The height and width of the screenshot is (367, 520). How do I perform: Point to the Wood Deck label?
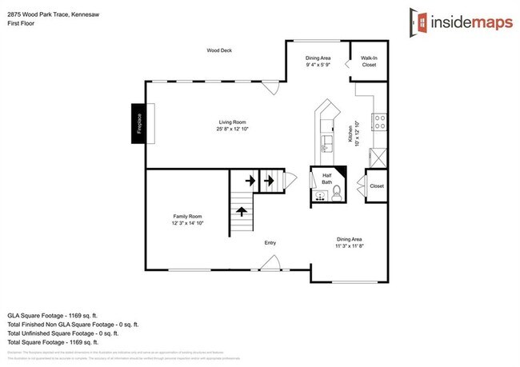pyautogui.click(x=218, y=50)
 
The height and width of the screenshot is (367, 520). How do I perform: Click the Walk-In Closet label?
pyautogui.click(x=369, y=61)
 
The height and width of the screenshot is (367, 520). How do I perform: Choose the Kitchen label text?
pyautogui.click(x=350, y=133)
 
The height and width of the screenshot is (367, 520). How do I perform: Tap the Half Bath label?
pyautogui.click(x=326, y=179)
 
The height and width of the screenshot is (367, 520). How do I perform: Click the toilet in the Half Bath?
pyautogui.click(x=338, y=192)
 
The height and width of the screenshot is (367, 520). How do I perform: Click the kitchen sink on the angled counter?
pyautogui.click(x=326, y=144)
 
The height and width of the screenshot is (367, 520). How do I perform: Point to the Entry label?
pyautogui.click(x=270, y=242)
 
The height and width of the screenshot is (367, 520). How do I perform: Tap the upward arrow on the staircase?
pyautogui.click(x=240, y=211)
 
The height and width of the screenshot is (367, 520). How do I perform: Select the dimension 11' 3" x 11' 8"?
pyautogui.click(x=349, y=247)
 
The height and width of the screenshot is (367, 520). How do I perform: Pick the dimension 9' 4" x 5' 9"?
pyautogui.click(x=318, y=66)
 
